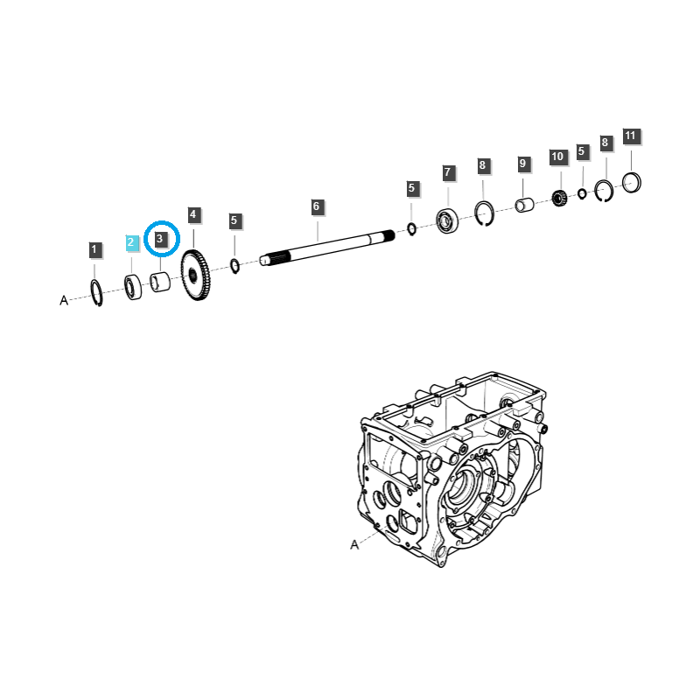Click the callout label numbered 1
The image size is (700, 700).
tap(94, 250)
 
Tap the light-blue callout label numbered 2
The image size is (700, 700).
tap(131, 242)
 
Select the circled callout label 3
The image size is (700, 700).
tap(160, 238)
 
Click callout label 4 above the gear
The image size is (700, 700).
tap(193, 214)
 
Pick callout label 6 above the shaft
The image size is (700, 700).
tap(317, 207)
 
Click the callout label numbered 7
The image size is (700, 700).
tap(447, 172)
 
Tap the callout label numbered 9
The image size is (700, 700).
tap(522, 164)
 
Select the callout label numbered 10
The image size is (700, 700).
tap(557, 157)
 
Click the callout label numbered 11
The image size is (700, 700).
tap(631, 136)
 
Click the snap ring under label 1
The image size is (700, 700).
tap(97, 293)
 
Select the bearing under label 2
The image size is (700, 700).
tap(133, 288)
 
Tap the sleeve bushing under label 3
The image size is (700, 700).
tap(160, 284)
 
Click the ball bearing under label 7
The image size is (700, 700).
tap(447, 221)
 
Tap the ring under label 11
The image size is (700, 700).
tap(633, 182)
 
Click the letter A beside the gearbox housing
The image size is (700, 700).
tap(354, 544)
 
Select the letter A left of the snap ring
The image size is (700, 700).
tap(64, 300)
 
